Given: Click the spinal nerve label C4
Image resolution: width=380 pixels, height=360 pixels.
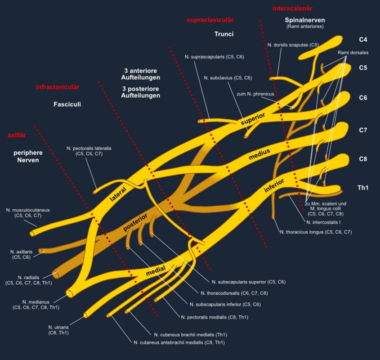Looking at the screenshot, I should pos(363,40).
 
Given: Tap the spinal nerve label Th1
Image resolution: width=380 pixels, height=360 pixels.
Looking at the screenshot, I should pos(362,188).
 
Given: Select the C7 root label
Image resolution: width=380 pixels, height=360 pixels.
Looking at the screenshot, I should pos(363,130).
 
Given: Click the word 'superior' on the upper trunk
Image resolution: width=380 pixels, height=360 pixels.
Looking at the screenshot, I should pos(253,119).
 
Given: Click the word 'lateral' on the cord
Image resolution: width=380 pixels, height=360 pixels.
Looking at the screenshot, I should pos(118,193).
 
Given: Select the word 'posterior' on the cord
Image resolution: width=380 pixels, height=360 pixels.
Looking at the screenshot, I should pos(136,222).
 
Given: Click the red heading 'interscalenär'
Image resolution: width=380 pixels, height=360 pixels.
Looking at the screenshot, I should pos(292,9).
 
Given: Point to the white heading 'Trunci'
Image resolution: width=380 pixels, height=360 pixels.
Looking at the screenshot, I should pos(224,34).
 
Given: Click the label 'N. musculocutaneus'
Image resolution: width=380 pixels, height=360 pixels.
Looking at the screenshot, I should pos(28,210).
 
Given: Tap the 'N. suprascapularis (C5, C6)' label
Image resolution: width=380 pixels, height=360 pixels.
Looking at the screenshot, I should pos(214,57).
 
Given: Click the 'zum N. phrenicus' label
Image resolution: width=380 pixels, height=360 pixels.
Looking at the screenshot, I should pos(255,94).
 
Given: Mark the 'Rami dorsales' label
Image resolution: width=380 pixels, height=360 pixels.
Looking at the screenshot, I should pos(353,53).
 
